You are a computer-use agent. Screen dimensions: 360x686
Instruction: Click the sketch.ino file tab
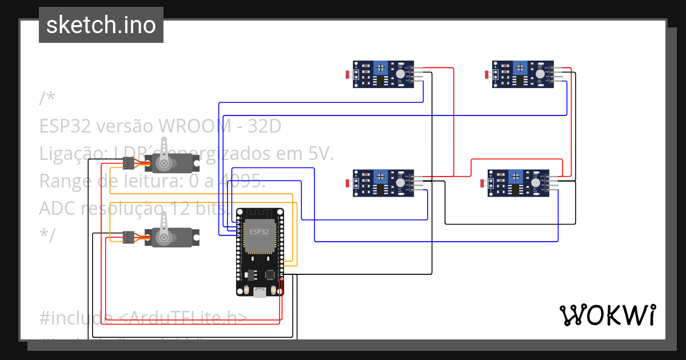101,25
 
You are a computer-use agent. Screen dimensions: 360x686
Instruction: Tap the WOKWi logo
607,315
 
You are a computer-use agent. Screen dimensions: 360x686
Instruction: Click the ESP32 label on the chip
259,231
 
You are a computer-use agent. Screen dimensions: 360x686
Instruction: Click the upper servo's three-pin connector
129,165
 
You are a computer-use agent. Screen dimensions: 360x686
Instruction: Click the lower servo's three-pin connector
129,235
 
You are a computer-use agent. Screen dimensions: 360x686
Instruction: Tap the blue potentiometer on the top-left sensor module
380,69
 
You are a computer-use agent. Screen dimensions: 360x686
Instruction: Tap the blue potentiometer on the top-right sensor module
520,69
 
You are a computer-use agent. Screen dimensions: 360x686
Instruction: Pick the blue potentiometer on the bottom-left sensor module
380,177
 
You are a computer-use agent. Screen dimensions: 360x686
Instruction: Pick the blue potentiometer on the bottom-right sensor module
514,177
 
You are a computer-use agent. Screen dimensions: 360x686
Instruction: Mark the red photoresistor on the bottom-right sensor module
482,183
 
